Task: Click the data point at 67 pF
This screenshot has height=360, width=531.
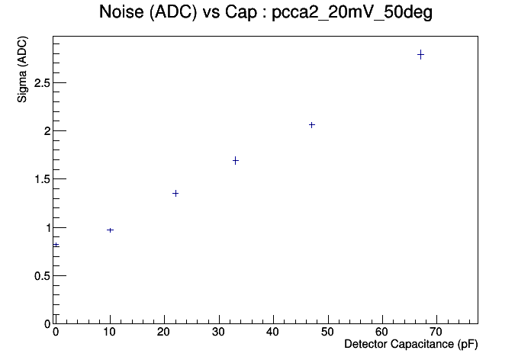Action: (x=420, y=54)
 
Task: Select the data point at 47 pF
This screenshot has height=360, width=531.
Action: (x=311, y=124)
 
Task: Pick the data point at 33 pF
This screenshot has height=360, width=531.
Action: (x=236, y=160)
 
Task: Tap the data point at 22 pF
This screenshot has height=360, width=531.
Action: (x=175, y=193)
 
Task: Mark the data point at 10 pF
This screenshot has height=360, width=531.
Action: (x=110, y=230)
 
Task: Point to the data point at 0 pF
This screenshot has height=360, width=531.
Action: (x=56, y=245)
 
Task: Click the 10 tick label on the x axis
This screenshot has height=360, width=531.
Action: (x=110, y=332)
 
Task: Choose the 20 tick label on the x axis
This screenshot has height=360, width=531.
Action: (x=164, y=332)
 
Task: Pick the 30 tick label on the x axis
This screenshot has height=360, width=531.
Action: (x=219, y=332)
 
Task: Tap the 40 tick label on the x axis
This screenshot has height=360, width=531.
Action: (x=273, y=332)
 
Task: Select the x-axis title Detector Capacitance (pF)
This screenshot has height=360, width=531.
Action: (x=410, y=345)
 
